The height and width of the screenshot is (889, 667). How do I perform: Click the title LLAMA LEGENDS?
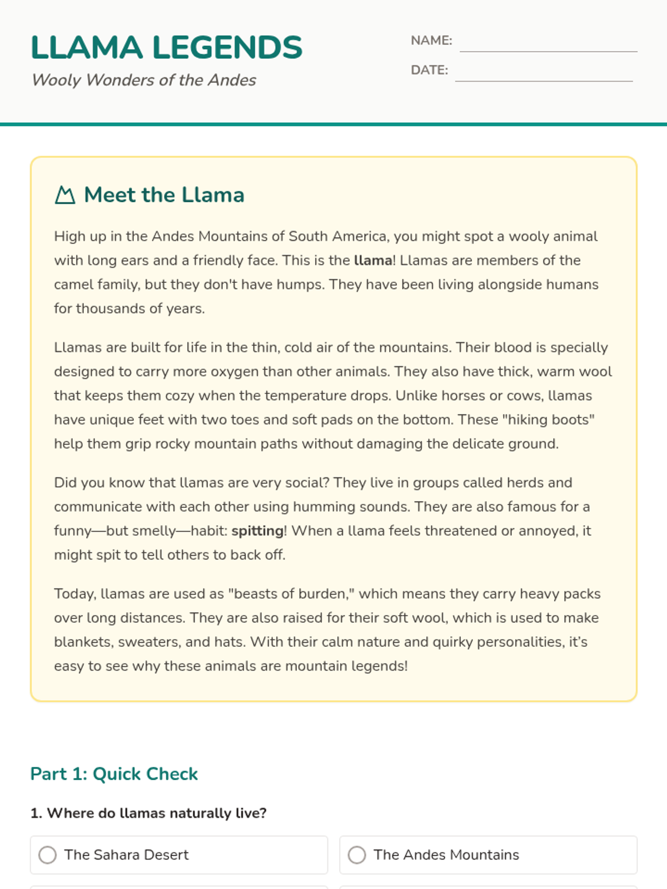(x=166, y=47)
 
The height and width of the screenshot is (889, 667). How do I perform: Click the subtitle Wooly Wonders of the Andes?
(x=143, y=80)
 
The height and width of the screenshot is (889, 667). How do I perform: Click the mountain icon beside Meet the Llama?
(x=65, y=195)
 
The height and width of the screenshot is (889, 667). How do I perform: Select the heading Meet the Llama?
(x=164, y=195)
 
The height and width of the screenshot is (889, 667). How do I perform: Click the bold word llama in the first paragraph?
(x=373, y=261)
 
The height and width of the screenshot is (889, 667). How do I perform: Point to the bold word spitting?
(x=257, y=531)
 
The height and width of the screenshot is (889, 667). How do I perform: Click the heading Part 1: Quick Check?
(x=114, y=774)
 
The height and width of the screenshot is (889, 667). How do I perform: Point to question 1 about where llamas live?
(x=148, y=813)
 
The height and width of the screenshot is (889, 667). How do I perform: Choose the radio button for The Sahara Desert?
(x=48, y=855)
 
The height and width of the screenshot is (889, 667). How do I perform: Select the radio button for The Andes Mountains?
(x=357, y=855)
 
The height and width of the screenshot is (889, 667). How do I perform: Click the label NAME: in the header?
(x=431, y=41)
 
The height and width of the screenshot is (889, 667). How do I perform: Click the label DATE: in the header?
(x=429, y=70)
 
